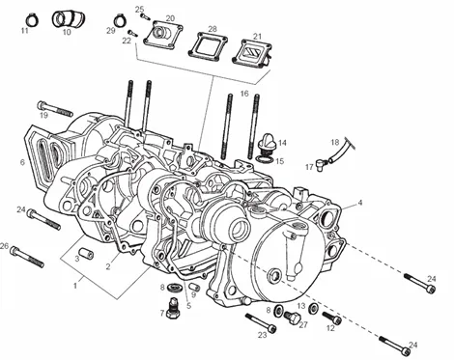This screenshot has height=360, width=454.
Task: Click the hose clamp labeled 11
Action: click(x=32, y=21)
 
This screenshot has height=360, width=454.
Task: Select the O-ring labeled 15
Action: click(x=265, y=159)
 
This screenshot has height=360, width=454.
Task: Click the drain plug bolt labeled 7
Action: click(x=174, y=308)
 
